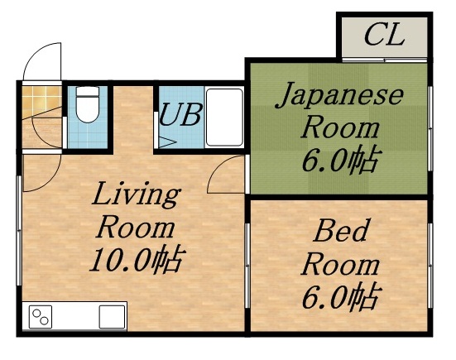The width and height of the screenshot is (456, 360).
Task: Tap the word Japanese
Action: click(339, 97)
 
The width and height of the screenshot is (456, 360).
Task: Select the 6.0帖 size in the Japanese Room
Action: click(339, 158)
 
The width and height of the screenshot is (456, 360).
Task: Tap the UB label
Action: click(180, 115)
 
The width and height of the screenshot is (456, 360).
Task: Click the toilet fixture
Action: click(87, 106)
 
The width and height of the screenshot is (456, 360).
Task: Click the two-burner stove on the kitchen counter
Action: click(41, 316)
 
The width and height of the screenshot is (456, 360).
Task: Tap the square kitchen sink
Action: click(112, 316)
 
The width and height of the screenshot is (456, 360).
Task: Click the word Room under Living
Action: click(136, 227)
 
